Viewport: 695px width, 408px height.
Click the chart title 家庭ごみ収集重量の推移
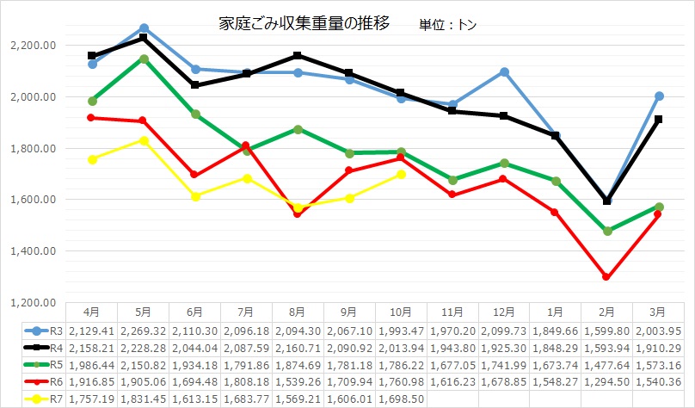tap(304, 23)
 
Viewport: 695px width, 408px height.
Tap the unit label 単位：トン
tap(447, 25)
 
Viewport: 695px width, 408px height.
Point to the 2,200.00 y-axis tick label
tap(32, 45)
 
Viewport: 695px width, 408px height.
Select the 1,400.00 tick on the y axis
tap(32, 251)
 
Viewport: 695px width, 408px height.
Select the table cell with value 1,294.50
tap(607, 381)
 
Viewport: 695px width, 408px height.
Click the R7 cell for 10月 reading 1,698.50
tap(399, 399)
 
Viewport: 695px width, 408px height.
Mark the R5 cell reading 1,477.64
tap(607, 364)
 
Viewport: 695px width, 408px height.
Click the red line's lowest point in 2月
tap(607, 277)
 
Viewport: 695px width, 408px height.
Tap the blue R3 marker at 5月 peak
tap(144, 28)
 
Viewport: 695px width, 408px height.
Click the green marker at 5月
tap(144, 59)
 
